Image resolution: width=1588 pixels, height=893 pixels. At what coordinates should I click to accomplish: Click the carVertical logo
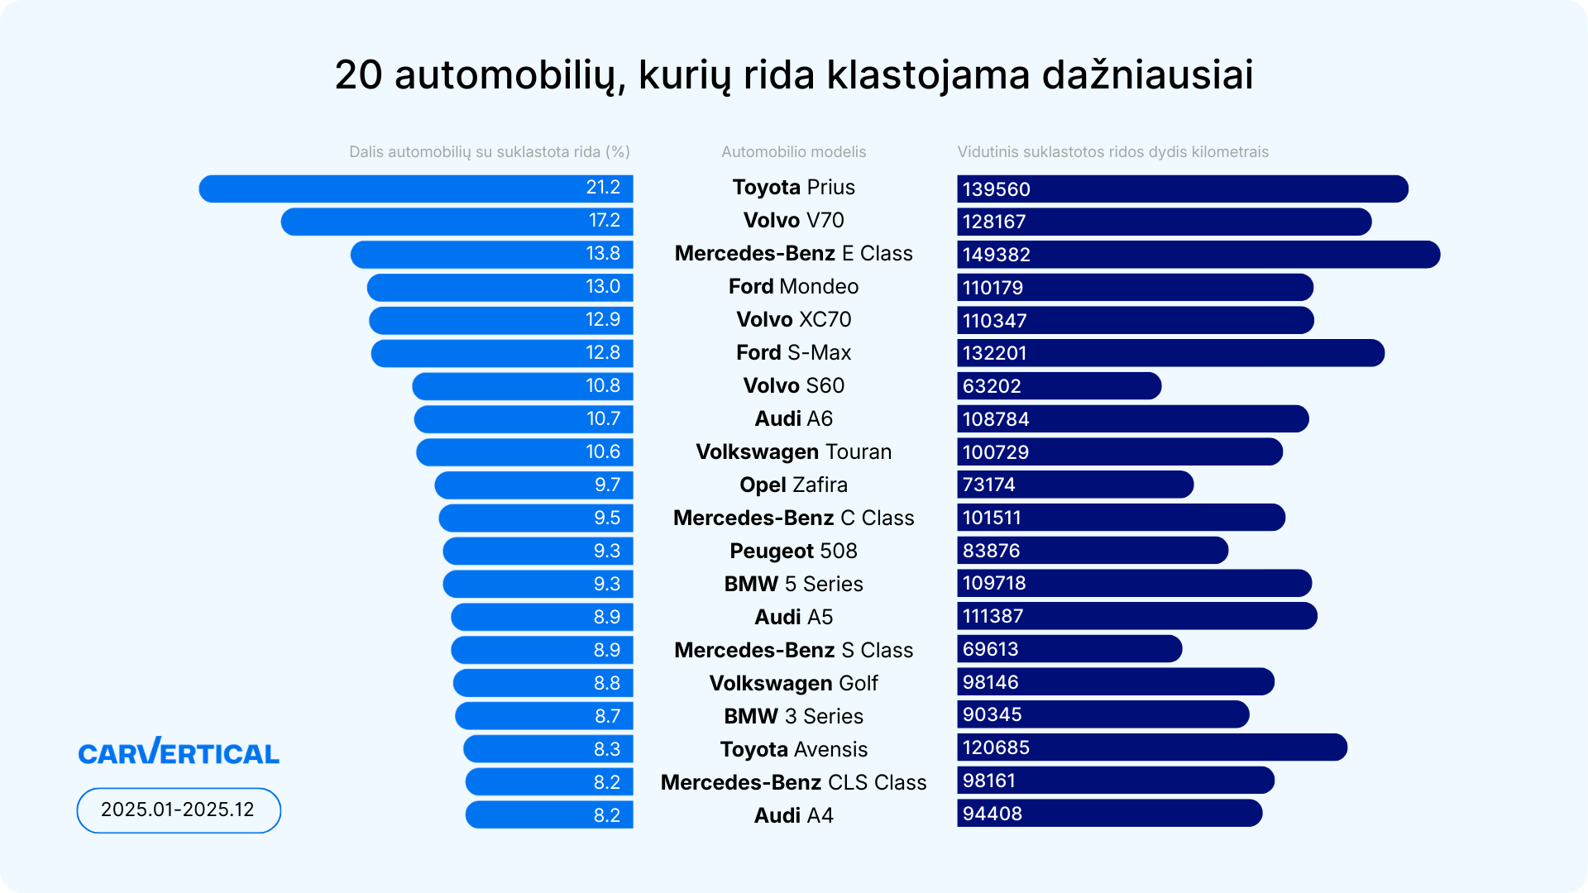tap(179, 752)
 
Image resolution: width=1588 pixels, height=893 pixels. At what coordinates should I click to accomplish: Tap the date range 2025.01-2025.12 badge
tap(179, 809)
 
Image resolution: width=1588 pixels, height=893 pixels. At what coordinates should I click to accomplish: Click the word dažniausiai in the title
tap(1147, 74)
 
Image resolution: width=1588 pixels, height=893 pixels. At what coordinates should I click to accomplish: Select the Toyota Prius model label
tap(793, 188)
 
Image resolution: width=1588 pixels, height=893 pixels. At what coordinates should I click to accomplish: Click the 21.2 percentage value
tap(603, 188)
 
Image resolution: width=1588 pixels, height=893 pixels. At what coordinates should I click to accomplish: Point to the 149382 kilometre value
tap(997, 255)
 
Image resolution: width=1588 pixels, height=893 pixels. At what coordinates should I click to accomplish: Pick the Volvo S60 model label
tap(793, 386)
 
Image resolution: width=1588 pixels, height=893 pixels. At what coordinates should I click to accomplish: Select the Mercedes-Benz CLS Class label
tap(793, 782)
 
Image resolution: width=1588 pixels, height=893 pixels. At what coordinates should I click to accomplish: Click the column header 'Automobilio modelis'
tap(793, 152)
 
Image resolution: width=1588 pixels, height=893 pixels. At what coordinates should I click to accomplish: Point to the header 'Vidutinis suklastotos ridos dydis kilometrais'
tap(1112, 152)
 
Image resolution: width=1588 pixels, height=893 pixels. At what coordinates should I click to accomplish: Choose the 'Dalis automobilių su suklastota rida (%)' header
tap(489, 152)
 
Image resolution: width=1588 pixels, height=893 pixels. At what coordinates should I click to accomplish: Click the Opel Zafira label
tap(793, 485)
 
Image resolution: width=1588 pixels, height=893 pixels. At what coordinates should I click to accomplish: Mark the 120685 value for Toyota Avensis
tap(996, 747)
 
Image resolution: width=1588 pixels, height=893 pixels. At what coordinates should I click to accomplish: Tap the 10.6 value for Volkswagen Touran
tap(603, 452)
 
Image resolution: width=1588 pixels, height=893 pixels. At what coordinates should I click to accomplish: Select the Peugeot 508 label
tap(793, 552)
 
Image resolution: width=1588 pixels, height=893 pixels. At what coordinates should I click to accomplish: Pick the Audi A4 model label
tap(793, 815)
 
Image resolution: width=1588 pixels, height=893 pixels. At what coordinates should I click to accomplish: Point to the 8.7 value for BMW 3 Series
tap(607, 716)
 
